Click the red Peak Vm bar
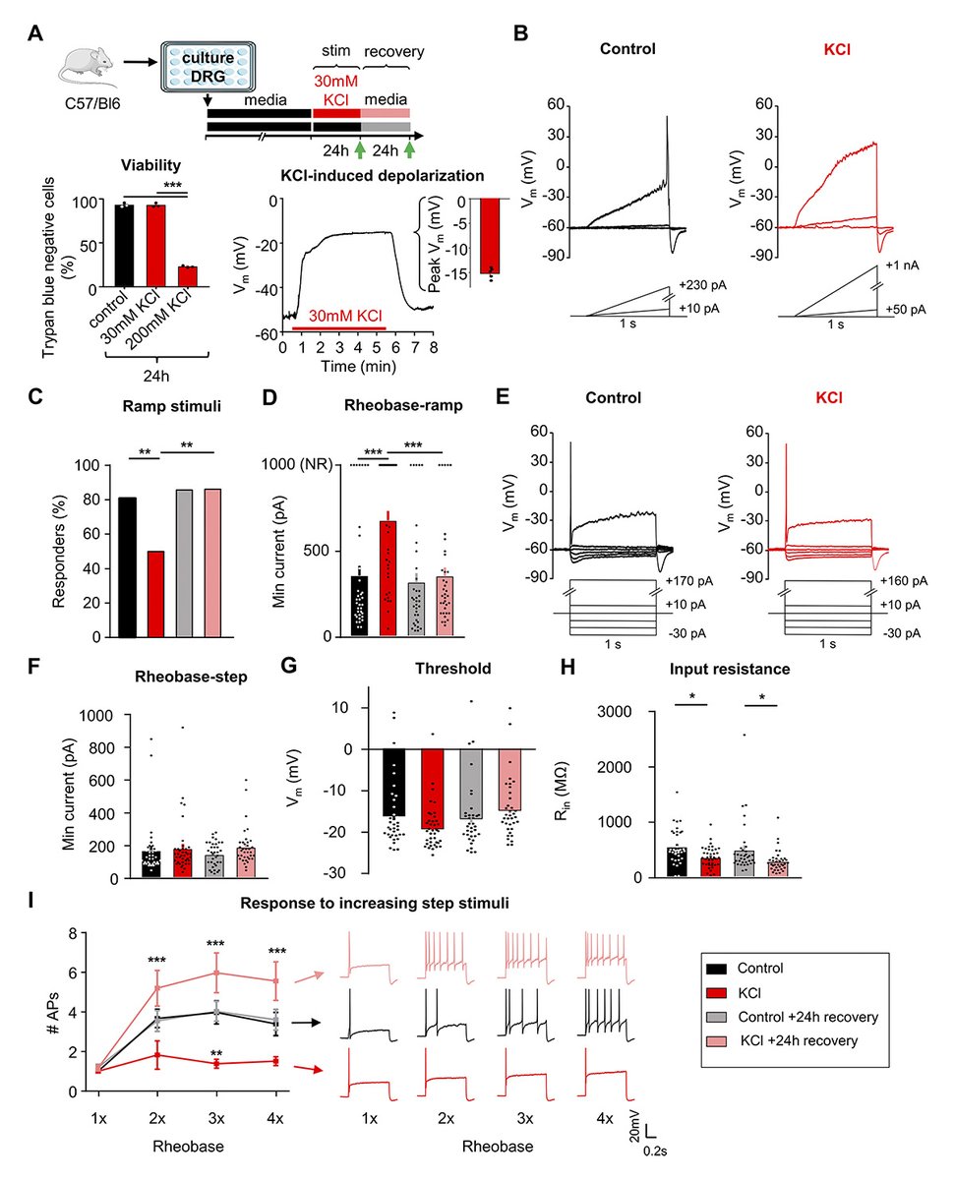pyautogui.click(x=485, y=235)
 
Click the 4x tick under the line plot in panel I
pyautogui.click(x=276, y=1120)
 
